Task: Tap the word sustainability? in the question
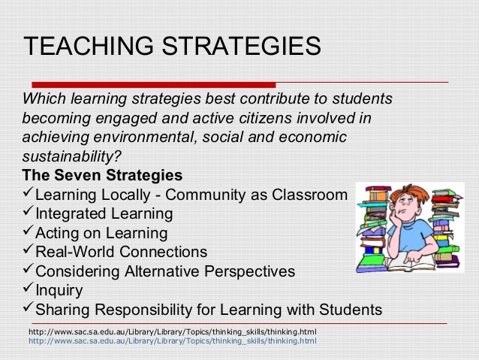click(71, 158)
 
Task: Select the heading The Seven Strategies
click(102, 177)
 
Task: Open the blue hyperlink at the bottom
click(172, 341)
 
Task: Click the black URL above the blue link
click(172, 331)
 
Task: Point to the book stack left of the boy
click(373, 229)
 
